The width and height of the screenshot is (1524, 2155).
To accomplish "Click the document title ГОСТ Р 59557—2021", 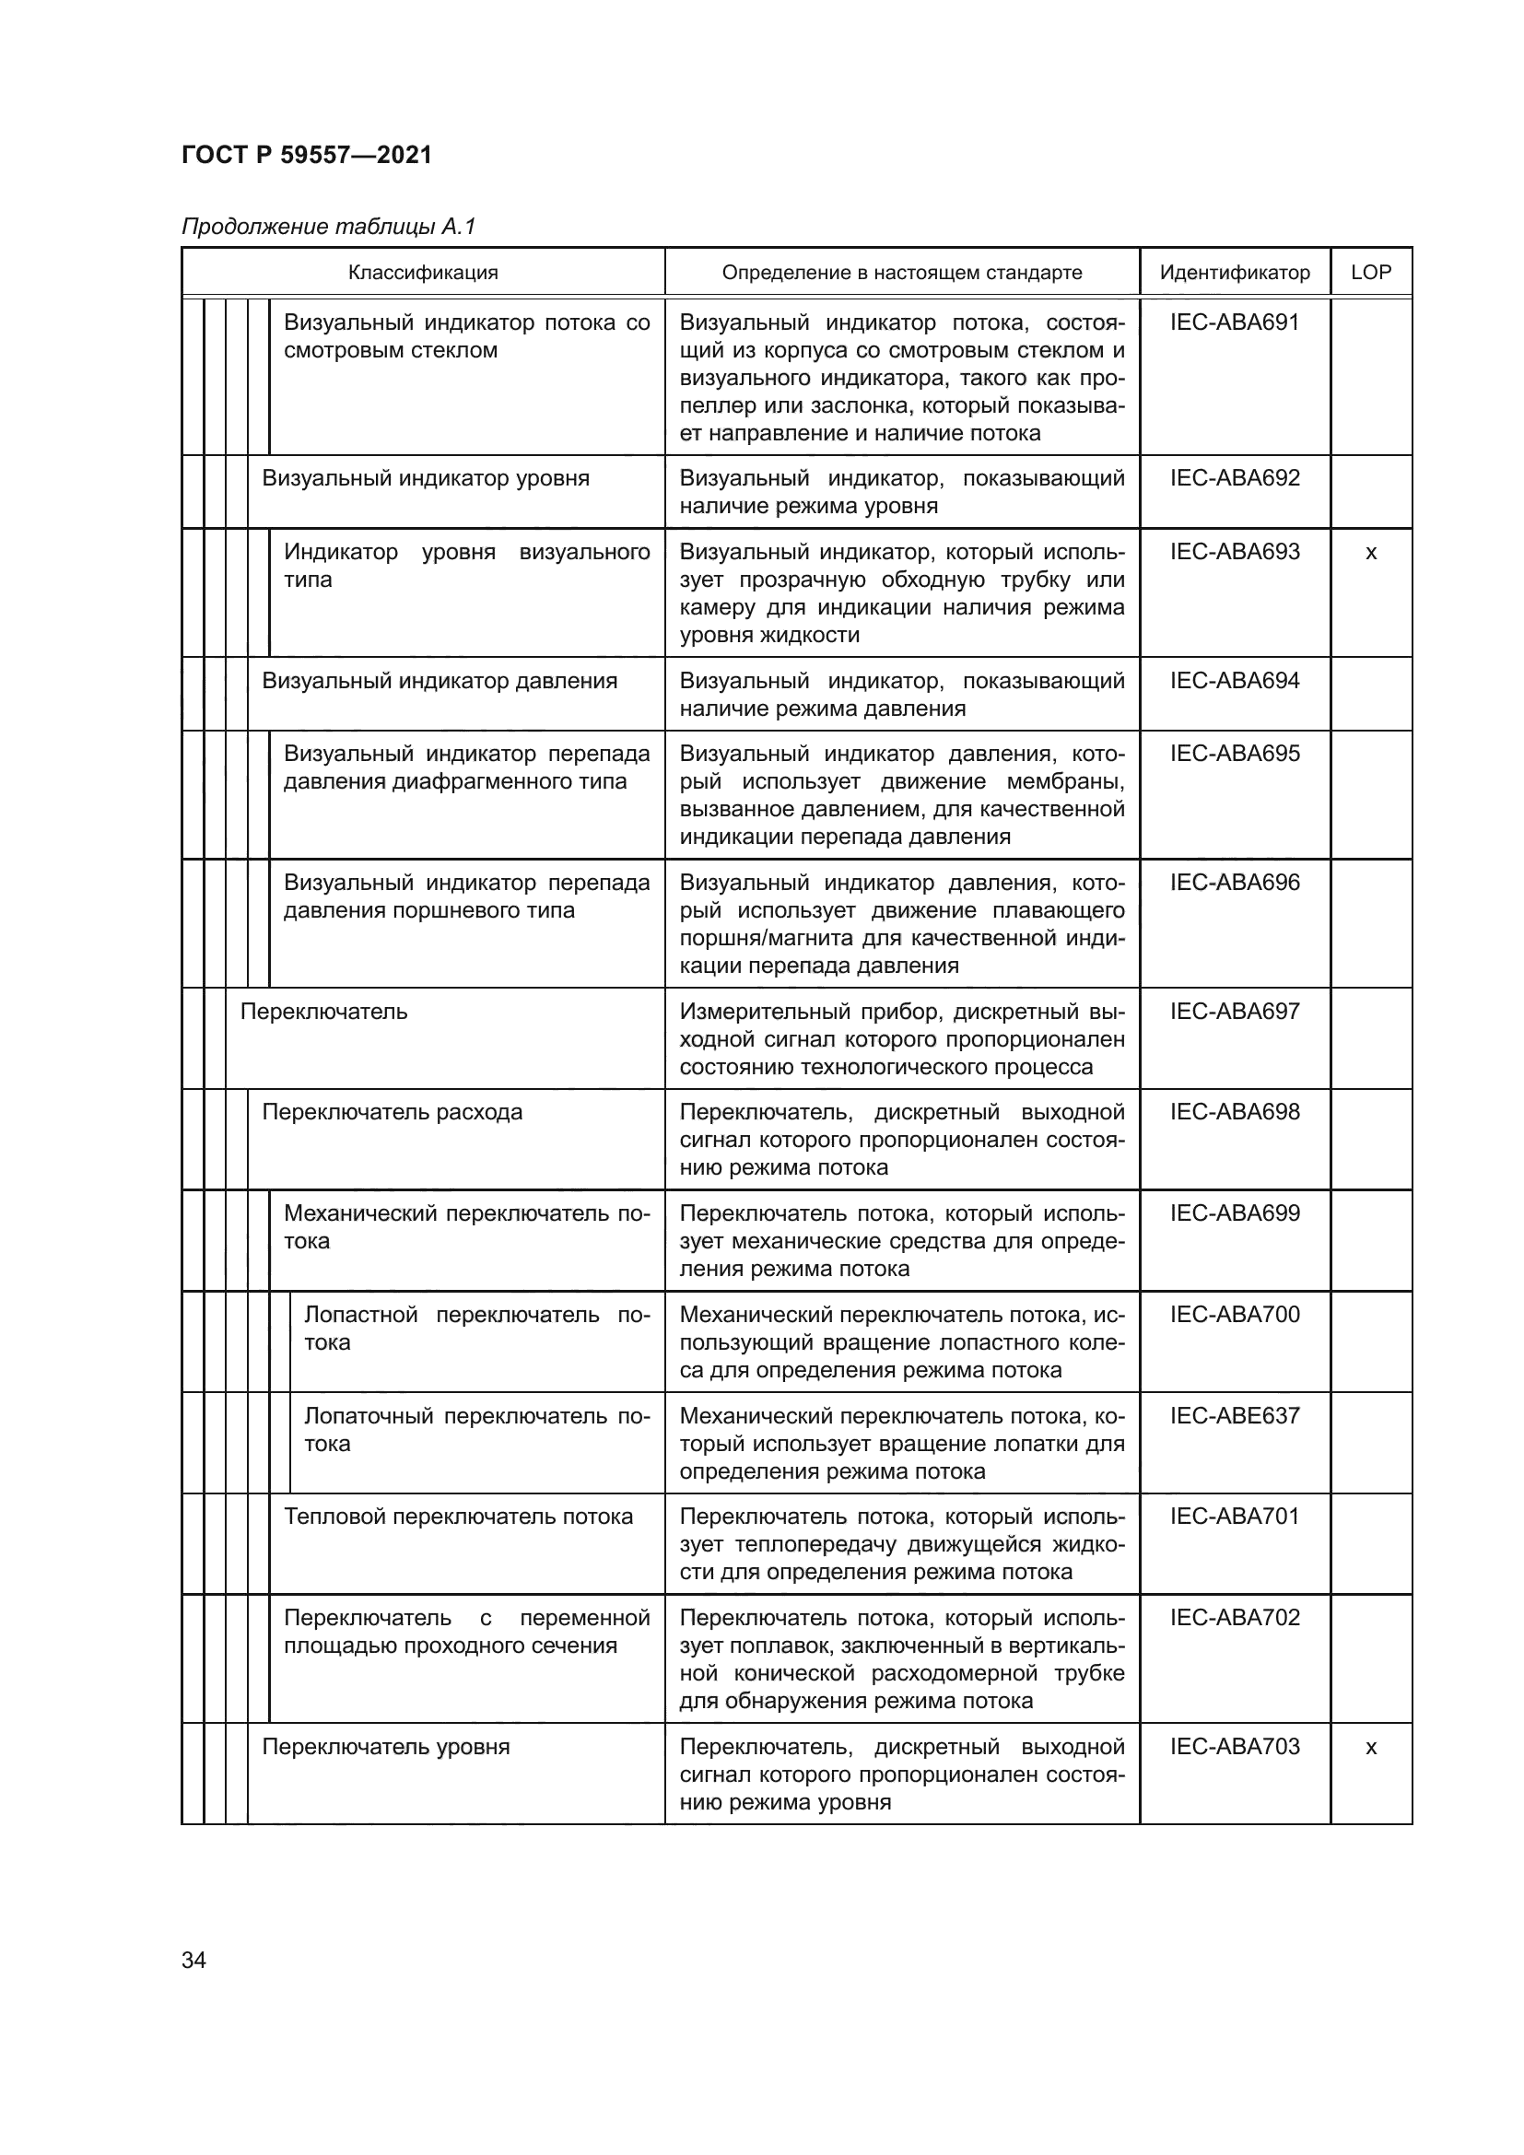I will pos(307,155).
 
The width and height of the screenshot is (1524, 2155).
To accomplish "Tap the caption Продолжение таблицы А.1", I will pos(328,227).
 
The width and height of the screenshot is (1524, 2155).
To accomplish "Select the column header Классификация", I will pos(423,273).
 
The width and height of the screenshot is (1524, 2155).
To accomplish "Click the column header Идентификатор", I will pos(1234,273).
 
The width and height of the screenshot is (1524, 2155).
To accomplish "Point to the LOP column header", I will pos(1370,272).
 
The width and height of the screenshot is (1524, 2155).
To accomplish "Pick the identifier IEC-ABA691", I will pos(1234,322).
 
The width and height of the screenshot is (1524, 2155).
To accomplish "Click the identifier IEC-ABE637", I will pos(1234,1415).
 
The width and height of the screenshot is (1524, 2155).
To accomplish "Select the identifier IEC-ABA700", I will pos(1234,1314).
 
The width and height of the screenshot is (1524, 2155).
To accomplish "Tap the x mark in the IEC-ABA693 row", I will pos(1370,553).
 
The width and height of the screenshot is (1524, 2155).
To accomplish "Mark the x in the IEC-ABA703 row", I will pos(1370,1748).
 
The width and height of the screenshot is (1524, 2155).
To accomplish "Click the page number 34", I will pos(194,1961).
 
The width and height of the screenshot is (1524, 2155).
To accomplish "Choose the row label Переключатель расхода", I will pos(393,1112).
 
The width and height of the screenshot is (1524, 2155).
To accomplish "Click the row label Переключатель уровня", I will pos(386,1747).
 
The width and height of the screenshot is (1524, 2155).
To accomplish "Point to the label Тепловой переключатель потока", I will pos(458,1517).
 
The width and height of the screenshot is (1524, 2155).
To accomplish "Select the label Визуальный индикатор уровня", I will pos(426,479).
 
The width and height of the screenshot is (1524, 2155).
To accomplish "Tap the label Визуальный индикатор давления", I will pos(440,681).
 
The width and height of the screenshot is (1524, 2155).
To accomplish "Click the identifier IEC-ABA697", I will pos(1234,1012).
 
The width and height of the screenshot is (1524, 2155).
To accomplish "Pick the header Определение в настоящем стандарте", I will pos(901,273).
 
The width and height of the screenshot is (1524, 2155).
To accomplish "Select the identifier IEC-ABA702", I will pos(1234,1618).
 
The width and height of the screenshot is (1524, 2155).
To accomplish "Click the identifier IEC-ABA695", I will pos(1234,754).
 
